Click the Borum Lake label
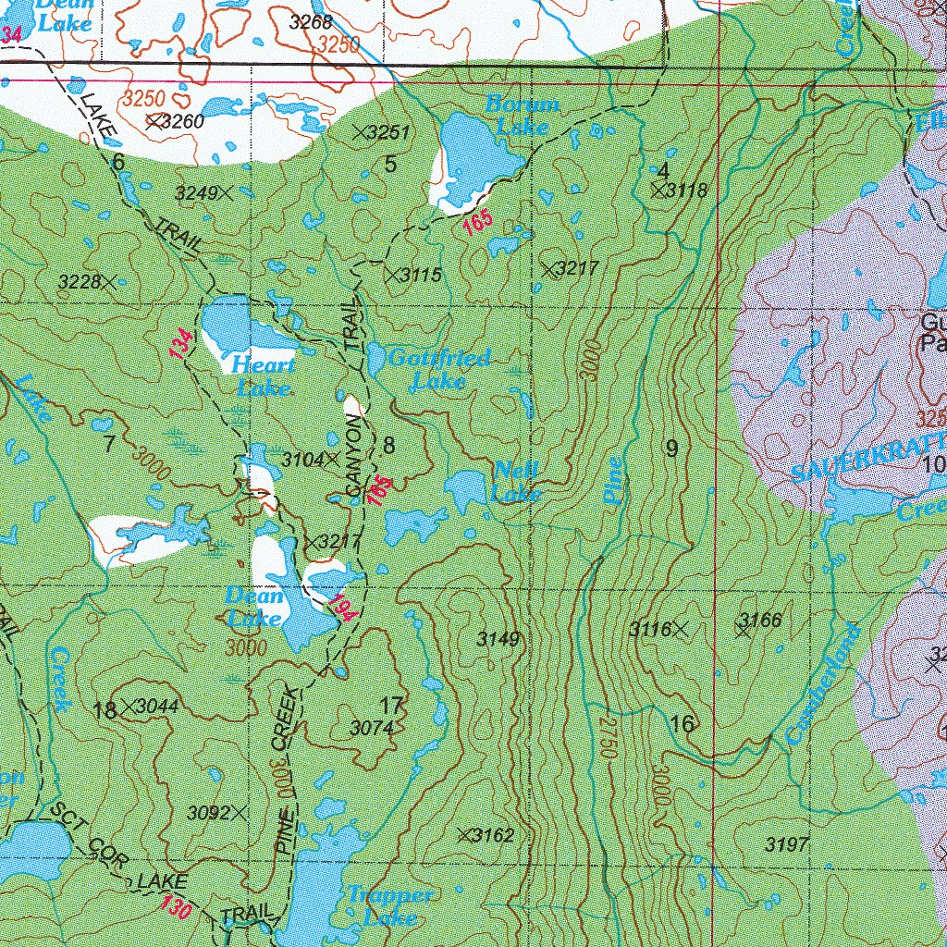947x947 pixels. point(523,115)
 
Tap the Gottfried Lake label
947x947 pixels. point(439,368)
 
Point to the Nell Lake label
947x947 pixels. point(516,481)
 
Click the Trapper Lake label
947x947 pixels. point(389,905)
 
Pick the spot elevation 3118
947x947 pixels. point(679,191)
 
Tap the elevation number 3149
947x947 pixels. point(498,639)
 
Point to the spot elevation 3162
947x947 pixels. point(486,836)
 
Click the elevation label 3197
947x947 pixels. point(788,843)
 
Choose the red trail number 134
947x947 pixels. point(183,344)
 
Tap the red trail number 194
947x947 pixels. point(341,607)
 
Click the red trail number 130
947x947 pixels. point(176,907)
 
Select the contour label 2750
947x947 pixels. point(605,735)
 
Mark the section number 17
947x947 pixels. point(391,706)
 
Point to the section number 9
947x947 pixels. point(671,449)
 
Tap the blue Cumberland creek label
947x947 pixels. point(823,684)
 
